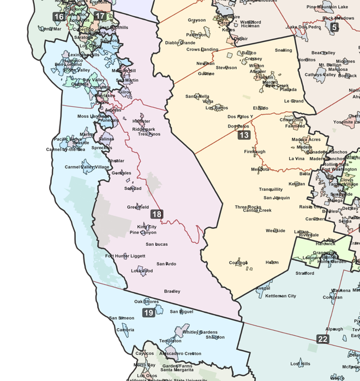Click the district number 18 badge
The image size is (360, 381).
tap(157, 214)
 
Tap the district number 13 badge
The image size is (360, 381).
tap(244, 135)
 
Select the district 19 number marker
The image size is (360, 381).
tap(148, 312)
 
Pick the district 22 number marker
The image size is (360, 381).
tap(323, 339)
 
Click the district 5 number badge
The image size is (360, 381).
tap(334, 27)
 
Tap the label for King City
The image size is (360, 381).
tap(147, 226)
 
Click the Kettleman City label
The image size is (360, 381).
tap(280, 296)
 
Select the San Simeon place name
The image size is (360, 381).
tap(121, 318)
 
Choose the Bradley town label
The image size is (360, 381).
tap(172, 292)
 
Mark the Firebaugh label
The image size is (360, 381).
tap(255, 151)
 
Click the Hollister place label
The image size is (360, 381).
tap(141, 121)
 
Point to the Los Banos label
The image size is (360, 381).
tap(217, 108)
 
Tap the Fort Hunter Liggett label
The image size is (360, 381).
tap(125, 256)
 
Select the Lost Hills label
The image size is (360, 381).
tap(300, 364)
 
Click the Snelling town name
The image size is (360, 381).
tap(283, 50)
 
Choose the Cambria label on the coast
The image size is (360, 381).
tap(125, 330)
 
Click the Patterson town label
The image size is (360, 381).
tap(196, 34)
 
